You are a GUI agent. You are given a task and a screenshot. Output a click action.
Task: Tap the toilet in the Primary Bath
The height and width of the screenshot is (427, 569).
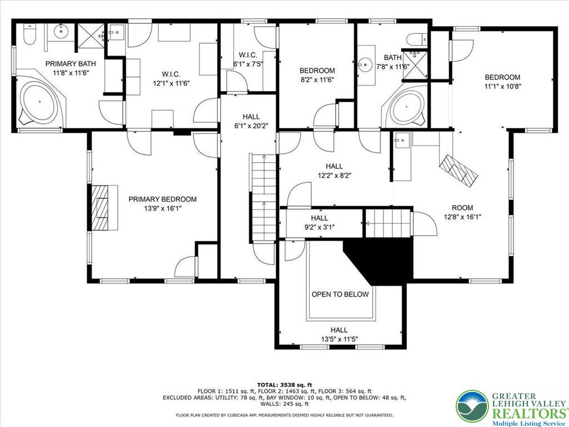tap(30, 36)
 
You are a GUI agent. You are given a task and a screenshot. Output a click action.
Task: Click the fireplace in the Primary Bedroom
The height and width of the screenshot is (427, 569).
tap(102, 207)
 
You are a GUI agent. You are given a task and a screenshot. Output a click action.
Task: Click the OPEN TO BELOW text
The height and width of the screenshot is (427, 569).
tap(340, 294)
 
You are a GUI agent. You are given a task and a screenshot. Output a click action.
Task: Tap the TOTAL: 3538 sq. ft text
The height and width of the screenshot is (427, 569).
tap(284, 385)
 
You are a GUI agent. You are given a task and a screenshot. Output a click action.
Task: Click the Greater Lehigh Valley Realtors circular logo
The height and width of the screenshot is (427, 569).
tap(472, 405)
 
